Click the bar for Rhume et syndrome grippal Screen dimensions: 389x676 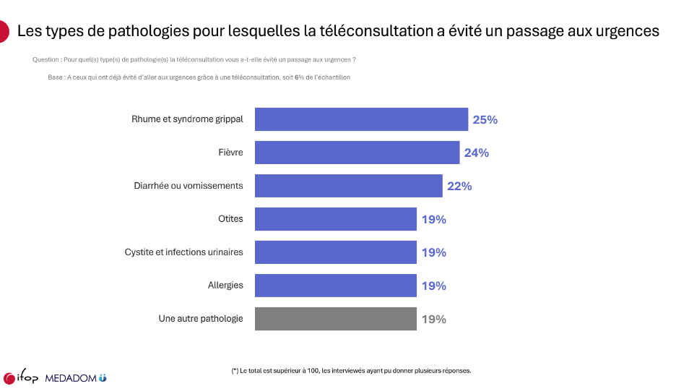pos(361,119)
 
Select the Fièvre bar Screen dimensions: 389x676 pos(357,153)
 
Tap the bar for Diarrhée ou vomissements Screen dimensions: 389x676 pos(348,186)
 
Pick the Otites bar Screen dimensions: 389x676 pos(335,219)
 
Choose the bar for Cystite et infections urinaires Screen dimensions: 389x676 pos(335,252)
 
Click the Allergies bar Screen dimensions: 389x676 pos(335,286)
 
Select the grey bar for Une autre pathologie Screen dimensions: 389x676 pos(335,319)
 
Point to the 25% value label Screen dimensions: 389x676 pos(485,120)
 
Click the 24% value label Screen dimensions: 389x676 pos(477,153)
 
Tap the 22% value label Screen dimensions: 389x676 pos(459,187)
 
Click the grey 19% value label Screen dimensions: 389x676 pos(433,320)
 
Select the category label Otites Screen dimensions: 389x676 pos(230,219)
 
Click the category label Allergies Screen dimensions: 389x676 pos(225,286)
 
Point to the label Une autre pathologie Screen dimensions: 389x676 pos(201,319)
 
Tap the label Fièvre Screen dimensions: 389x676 pos(230,153)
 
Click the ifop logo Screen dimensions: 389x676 pos(20,378)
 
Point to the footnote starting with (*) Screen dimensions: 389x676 pos(351,370)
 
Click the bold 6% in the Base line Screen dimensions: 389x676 pos(297,77)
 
